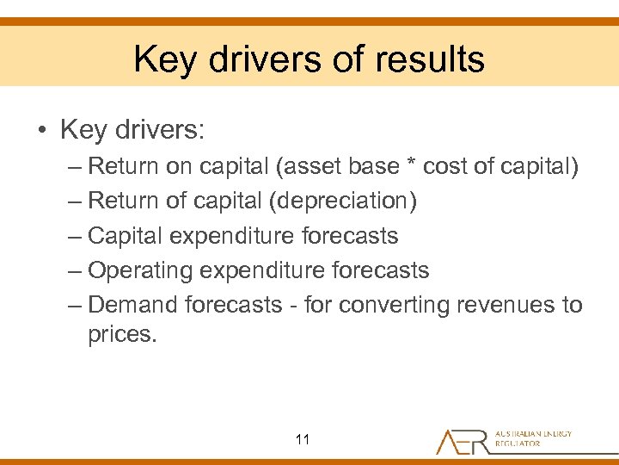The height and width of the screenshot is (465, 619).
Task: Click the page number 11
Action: [302, 440]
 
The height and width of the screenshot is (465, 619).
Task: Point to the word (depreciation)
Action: [343, 201]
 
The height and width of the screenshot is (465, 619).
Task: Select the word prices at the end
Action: [122, 335]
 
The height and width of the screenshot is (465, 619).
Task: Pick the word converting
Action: [395, 305]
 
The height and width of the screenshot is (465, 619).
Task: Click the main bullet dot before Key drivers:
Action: [40, 131]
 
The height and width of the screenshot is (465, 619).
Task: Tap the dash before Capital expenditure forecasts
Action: [74, 236]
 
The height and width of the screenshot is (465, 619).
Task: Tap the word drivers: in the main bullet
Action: [158, 130]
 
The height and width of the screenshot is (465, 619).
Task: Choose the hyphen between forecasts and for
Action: [293, 306]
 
